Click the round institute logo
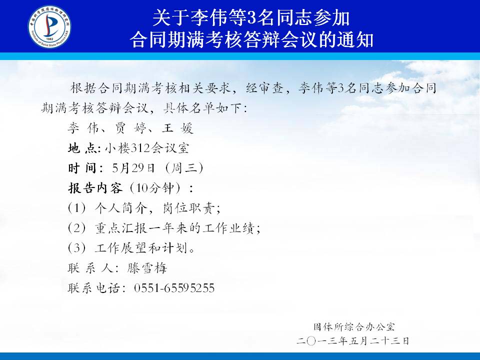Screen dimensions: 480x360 pyautogui.click(x=49, y=26)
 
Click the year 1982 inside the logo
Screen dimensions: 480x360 pyautogui.click(x=49, y=39)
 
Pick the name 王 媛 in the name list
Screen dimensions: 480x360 pyautogui.click(x=177, y=128)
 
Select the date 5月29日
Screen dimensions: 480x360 pyautogui.click(x=133, y=168)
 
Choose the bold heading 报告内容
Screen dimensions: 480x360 pyautogui.click(x=95, y=188)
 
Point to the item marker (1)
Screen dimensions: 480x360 pyautogui.click(x=77, y=208)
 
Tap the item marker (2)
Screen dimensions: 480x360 pyautogui.click(x=77, y=228)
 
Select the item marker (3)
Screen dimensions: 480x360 pyautogui.click(x=77, y=248)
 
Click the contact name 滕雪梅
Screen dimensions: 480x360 pyautogui.click(x=147, y=268)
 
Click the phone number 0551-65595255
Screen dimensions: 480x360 pyautogui.click(x=174, y=288)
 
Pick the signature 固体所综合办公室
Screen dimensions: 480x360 pyautogui.click(x=354, y=327)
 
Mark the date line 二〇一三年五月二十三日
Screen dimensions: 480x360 pyautogui.click(x=353, y=340)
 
